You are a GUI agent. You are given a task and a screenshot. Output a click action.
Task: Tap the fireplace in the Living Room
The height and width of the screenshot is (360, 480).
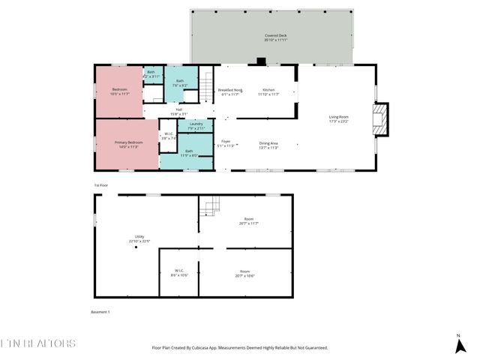click(382, 119)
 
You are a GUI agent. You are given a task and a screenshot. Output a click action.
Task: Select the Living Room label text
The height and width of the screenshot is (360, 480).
click(339, 118)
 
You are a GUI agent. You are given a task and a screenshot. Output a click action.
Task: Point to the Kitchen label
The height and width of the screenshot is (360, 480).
click(269, 91)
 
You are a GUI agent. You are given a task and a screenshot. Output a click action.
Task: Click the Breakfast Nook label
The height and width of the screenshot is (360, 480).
click(230, 91)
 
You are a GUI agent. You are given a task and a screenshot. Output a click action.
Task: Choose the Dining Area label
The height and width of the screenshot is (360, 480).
click(268, 145)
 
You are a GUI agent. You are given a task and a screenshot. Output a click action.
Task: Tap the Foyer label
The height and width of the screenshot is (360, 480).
click(226, 143)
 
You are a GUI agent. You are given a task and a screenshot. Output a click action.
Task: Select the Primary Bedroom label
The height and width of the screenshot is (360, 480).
click(129, 144)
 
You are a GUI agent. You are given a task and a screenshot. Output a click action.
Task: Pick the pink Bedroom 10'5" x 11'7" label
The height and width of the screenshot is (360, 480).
click(118, 91)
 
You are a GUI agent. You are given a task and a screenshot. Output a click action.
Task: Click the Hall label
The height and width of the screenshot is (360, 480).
click(179, 112)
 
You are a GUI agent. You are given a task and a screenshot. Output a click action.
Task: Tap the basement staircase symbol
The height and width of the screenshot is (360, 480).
click(214, 205)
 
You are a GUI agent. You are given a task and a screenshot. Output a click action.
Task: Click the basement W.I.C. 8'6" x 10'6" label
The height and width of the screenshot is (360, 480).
click(180, 272)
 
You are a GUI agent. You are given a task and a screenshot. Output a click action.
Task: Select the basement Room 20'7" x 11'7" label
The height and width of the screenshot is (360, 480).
click(245, 221)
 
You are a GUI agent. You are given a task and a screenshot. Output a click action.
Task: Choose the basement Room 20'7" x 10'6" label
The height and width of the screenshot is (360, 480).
click(245, 273)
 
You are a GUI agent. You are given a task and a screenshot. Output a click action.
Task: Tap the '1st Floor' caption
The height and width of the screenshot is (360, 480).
click(101, 184)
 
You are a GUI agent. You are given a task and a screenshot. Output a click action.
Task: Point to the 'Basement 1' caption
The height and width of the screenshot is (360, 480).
click(100, 311)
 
